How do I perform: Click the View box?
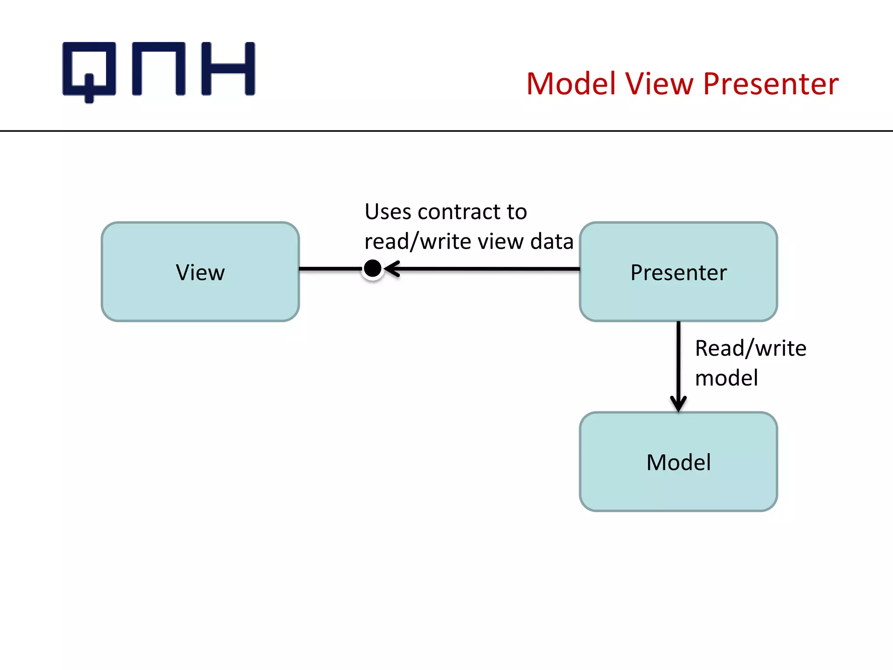tap(200, 272)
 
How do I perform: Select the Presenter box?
tap(678, 272)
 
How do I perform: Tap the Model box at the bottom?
tap(678, 461)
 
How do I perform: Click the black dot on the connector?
tap(372, 269)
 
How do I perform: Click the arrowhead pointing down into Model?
tap(678, 403)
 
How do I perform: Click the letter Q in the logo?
tap(89, 70)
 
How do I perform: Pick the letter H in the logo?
tap(228, 68)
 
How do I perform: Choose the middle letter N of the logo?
tap(159, 68)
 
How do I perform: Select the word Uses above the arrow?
tap(388, 212)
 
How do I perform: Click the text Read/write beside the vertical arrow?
tap(750, 348)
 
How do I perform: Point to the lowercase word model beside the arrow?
tap(726, 378)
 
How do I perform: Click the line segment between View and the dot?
tap(330, 269)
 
